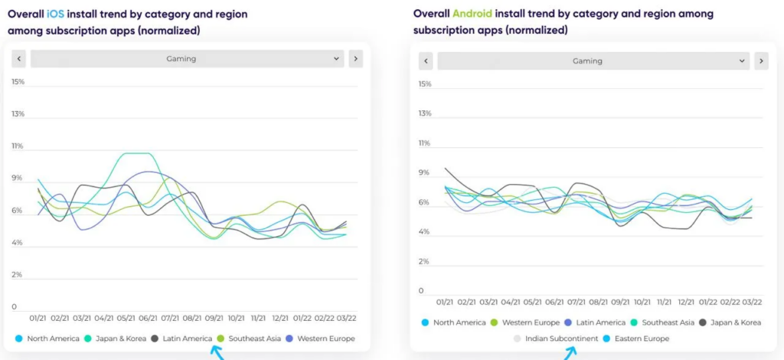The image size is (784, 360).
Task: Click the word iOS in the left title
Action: pos(55,15)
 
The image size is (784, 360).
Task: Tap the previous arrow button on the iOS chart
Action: pos(19,58)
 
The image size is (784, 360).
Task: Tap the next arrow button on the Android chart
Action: pos(761,61)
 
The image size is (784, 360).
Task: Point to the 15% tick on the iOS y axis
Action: pos(18,81)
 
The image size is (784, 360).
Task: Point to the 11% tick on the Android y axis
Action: pos(425,143)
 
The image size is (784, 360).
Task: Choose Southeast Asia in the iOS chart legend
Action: pos(251,338)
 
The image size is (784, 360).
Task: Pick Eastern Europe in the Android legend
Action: pos(635,339)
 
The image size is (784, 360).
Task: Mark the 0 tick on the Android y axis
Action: pos(420,291)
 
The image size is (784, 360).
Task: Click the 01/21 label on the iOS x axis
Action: pos(38,317)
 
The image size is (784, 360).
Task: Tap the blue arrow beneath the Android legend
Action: pos(570,353)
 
